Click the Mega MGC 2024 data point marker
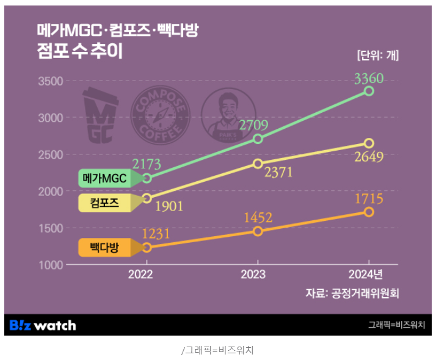click(x=369, y=91)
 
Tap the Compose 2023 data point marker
click(x=258, y=164)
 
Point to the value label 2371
click(x=278, y=173)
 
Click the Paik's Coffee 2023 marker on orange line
click(x=258, y=231)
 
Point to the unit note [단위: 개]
click(x=378, y=56)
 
